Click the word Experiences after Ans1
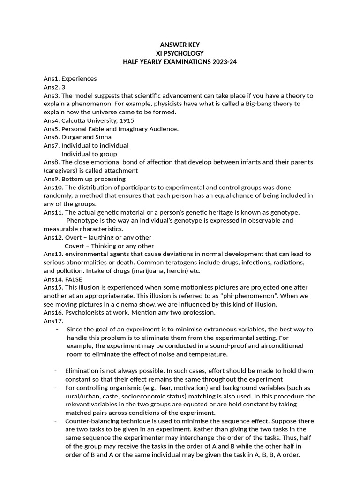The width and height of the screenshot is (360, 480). pyautogui.click(x=79, y=79)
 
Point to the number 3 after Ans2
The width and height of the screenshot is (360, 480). pyautogui.click(x=63, y=87)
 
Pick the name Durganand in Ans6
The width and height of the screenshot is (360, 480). pyautogui.click(x=78, y=137)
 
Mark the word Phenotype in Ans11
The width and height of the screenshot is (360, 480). pyautogui.click(x=82, y=220)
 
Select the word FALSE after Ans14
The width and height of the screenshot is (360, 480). pyautogui.click(x=72, y=279)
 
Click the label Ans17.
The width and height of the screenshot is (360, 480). pyautogui.click(x=53, y=321)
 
